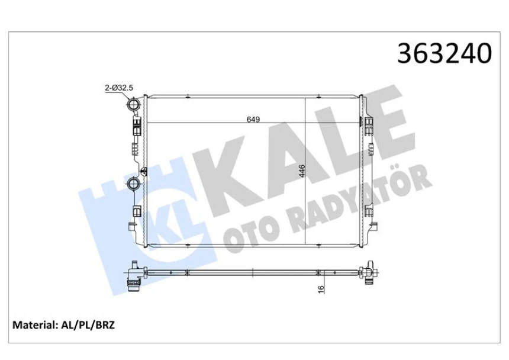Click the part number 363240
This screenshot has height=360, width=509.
pyautogui.click(x=444, y=53)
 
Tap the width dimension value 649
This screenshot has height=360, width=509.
pyautogui.click(x=253, y=120)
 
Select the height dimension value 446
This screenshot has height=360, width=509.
pyautogui.click(x=302, y=171)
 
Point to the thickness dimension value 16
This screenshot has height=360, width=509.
pyautogui.click(x=321, y=289)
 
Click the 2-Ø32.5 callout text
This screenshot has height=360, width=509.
pyautogui.click(x=119, y=88)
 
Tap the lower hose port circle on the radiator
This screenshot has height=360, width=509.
pyautogui.click(x=133, y=184)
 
